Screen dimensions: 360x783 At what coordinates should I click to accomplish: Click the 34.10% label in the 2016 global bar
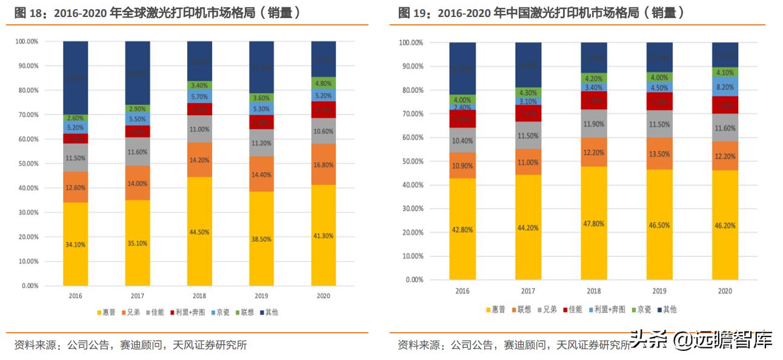76,244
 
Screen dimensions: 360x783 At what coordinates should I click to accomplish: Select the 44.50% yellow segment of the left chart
199,232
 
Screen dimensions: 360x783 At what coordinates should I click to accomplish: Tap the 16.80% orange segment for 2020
324,164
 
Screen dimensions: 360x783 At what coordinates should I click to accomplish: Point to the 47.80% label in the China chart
594,224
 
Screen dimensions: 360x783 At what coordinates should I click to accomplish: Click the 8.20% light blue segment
725,87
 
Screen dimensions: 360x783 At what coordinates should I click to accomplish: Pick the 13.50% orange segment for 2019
659,154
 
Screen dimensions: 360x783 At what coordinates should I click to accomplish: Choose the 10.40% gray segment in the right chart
462,141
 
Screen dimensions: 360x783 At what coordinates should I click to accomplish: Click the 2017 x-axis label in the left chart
138,296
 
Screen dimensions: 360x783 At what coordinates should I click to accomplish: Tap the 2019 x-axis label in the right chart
659,291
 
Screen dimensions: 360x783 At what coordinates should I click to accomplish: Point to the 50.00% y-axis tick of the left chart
26,164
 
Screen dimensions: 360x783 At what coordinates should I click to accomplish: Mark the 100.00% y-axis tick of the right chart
410,43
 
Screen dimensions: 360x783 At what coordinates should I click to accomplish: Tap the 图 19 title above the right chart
542,13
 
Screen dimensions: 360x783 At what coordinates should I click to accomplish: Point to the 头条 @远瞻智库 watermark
701,340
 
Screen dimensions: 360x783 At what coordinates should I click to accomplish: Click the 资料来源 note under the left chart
130,345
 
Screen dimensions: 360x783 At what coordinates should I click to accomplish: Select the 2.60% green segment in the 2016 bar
76,118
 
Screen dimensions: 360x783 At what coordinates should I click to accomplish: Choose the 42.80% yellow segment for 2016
462,229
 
